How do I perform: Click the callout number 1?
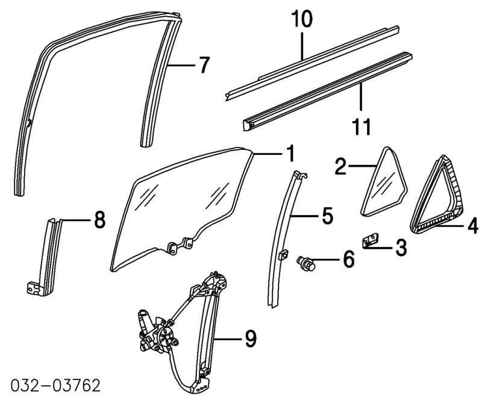(289, 155)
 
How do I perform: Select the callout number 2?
(340, 166)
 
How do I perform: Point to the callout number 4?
(472, 226)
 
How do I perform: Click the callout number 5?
(326, 216)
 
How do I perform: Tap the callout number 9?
(251, 340)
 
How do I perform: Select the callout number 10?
(302, 20)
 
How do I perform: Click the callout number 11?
(361, 126)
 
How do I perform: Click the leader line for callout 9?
(229, 340)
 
